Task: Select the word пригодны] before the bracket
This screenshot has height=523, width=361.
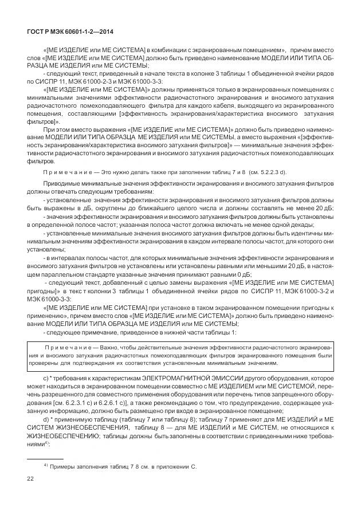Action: click(43, 292)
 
